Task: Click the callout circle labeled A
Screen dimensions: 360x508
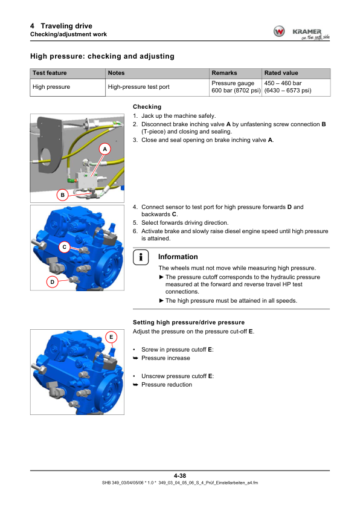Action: point(104,149)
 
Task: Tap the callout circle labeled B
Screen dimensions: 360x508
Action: point(63,195)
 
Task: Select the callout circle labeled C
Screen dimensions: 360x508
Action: point(65,247)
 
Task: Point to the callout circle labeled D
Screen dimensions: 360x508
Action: point(52,282)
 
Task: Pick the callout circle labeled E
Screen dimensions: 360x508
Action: point(111,337)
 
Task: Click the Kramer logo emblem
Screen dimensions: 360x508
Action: point(279,31)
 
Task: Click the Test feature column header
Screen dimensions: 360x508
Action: point(50,73)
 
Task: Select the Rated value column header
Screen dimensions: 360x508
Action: point(281,73)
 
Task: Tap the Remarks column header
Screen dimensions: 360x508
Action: point(224,73)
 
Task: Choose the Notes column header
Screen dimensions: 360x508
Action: point(117,73)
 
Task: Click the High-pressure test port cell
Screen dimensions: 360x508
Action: point(139,87)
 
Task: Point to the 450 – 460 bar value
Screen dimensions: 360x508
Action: point(283,83)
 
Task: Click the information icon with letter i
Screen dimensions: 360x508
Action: point(141,257)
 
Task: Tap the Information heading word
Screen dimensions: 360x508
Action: point(178,257)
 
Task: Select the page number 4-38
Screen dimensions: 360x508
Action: point(180,475)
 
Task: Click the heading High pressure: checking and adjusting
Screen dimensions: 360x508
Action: point(103,56)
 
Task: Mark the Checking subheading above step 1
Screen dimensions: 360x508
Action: point(147,107)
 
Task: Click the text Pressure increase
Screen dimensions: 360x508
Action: point(166,358)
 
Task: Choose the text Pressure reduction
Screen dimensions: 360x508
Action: point(167,385)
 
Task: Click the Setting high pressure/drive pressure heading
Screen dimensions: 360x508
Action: point(188,323)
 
